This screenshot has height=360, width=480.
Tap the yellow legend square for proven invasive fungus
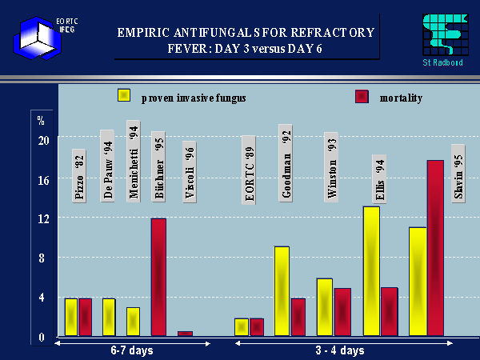coord(125,96)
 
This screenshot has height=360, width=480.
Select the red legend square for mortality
coord(362,97)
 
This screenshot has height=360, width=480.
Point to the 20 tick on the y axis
coord(43,140)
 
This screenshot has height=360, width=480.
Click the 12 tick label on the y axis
coord(43,218)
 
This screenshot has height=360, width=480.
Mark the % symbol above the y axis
coord(41,120)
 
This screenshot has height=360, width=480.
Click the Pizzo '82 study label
coord(78,175)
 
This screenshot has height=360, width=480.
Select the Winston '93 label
coord(331,166)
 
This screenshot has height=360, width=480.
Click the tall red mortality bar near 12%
coord(158,277)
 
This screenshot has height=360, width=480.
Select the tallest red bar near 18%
coord(435,248)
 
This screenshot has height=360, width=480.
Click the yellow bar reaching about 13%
coord(371,271)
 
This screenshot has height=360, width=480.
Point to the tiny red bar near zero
coord(185,334)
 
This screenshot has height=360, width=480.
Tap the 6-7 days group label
coord(132,350)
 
